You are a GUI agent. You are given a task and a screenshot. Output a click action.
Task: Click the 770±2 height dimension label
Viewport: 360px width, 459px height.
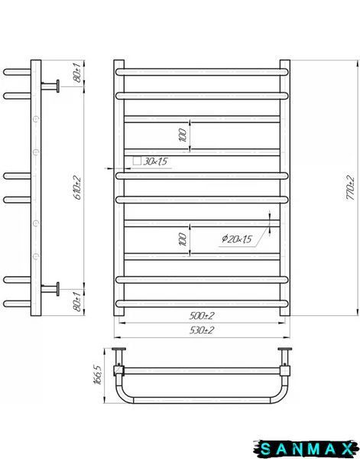point(350,187)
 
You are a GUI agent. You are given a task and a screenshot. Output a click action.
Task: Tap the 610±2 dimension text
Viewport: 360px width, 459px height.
point(78,187)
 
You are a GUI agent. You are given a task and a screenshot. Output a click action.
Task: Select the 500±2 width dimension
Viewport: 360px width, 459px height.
point(202,316)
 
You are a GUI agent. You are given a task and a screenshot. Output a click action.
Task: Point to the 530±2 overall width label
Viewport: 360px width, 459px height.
point(202,330)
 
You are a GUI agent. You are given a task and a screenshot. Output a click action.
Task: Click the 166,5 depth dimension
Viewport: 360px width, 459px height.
point(98,374)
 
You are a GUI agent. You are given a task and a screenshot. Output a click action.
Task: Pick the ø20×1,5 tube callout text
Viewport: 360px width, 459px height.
point(237,239)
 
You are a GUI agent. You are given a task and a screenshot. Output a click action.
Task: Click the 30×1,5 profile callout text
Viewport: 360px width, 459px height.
point(155,161)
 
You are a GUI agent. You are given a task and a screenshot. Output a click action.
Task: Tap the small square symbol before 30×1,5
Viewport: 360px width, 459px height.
point(137,161)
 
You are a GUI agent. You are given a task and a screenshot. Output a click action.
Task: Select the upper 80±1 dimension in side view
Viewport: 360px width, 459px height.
point(78,73)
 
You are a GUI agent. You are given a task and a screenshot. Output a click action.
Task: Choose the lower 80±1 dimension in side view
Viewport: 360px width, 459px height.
point(78,302)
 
